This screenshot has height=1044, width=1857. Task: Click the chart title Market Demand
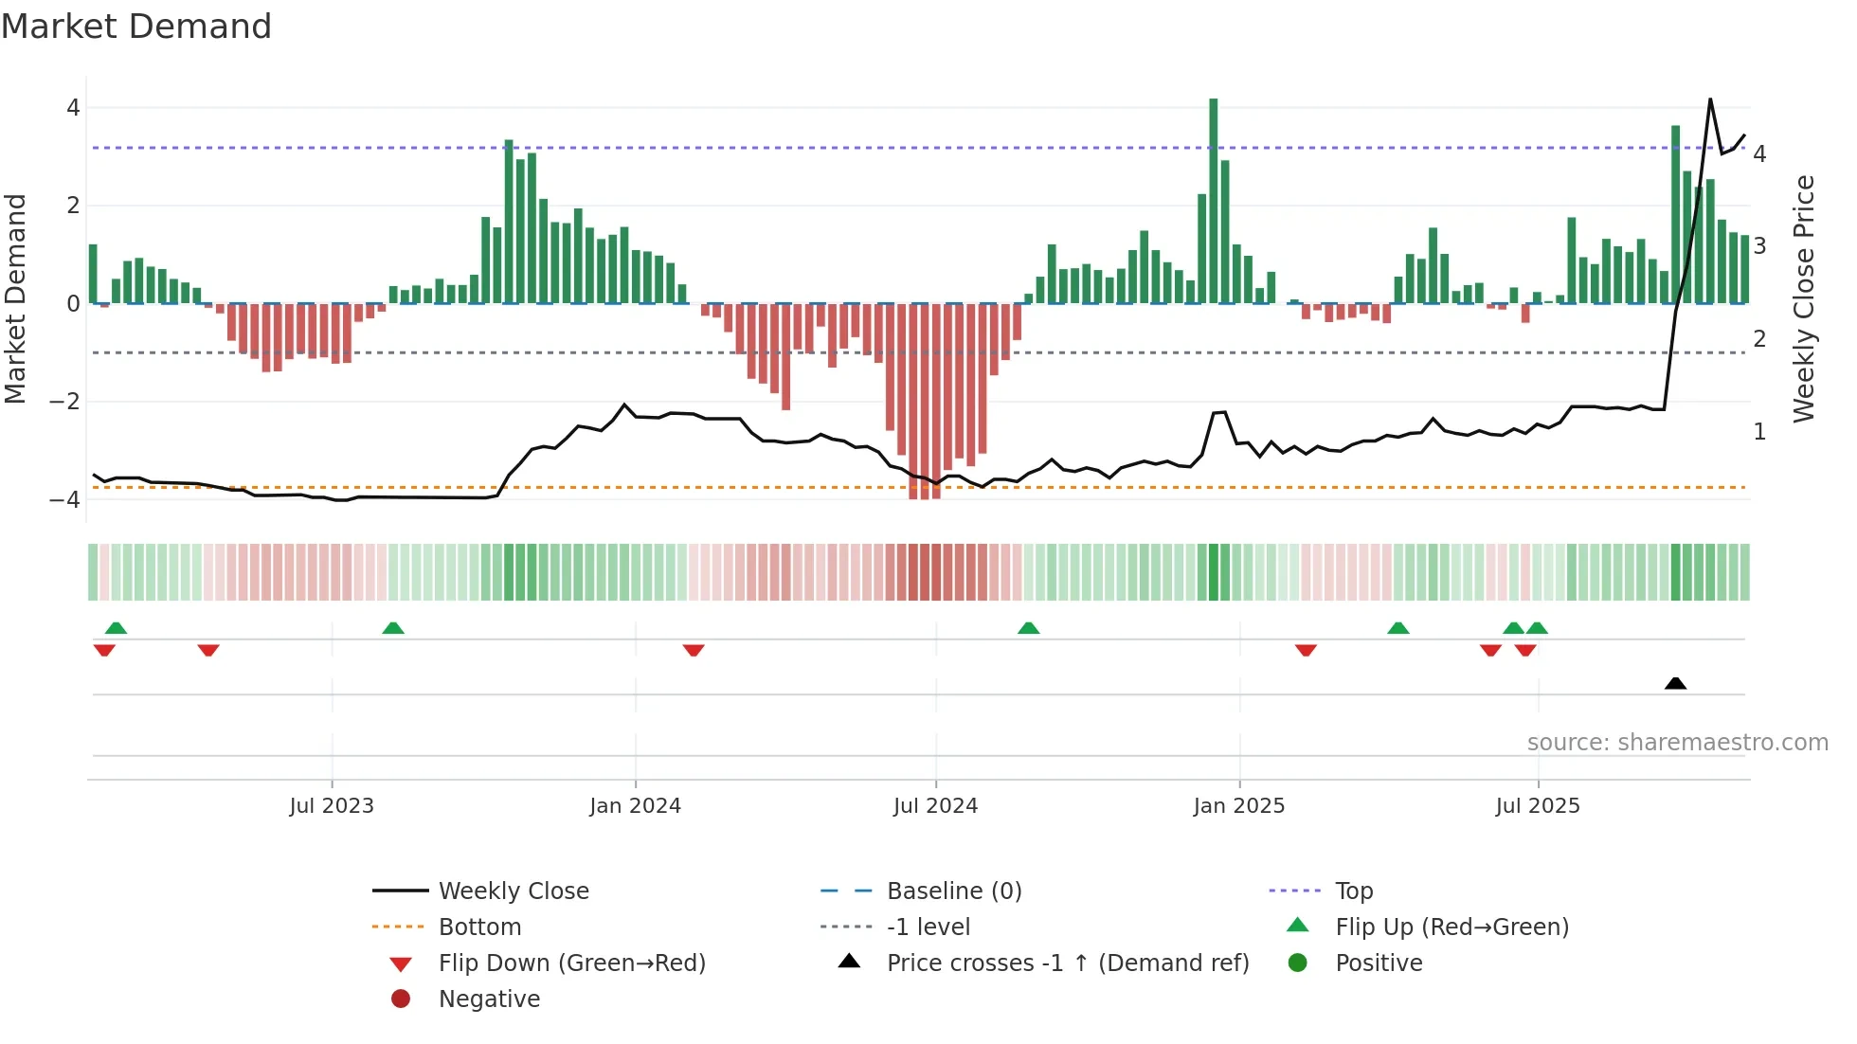pyautogui.click(x=136, y=27)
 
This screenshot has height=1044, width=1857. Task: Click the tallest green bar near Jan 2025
pyautogui.click(x=1213, y=199)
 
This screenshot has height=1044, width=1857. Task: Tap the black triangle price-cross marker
pyautogui.click(x=1675, y=683)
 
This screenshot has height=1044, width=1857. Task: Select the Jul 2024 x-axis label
pyautogui.click(x=935, y=806)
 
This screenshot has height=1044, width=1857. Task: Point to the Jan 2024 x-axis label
pyautogui.click(x=635, y=806)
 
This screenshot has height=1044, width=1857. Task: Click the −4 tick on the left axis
pyautogui.click(x=65, y=499)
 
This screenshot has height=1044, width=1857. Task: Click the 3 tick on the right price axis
pyautogui.click(x=1759, y=246)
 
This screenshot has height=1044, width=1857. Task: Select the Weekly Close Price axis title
pyautogui.click(x=1804, y=298)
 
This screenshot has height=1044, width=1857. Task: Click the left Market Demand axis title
pyautogui.click(x=16, y=298)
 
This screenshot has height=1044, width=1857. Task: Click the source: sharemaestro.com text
pyautogui.click(x=1677, y=742)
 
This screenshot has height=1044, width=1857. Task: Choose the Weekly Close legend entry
pyautogui.click(x=514, y=891)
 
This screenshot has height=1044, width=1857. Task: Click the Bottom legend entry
pyautogui.click(x=479, y=927)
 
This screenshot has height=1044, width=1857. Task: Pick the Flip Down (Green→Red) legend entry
pyautogui.click(x=571, y=963)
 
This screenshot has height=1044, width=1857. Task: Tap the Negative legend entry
pyautogui.click(x=489, y=999)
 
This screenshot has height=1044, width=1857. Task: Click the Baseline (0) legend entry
pyautogui.click(x=954, y=891)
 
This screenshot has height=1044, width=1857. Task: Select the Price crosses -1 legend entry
pyautogui.click(x=1068, y=963)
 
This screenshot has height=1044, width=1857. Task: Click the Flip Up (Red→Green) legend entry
pyautogui.click(x=1451, y=927)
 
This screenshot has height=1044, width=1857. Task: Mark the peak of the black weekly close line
pyautogui.click(x=1710, y=99)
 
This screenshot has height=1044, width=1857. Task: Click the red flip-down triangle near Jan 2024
pyautogui.click(x=694, y=650)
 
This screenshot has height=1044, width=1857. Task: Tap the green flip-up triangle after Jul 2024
pyautogui.click(x=1028, y=628)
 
